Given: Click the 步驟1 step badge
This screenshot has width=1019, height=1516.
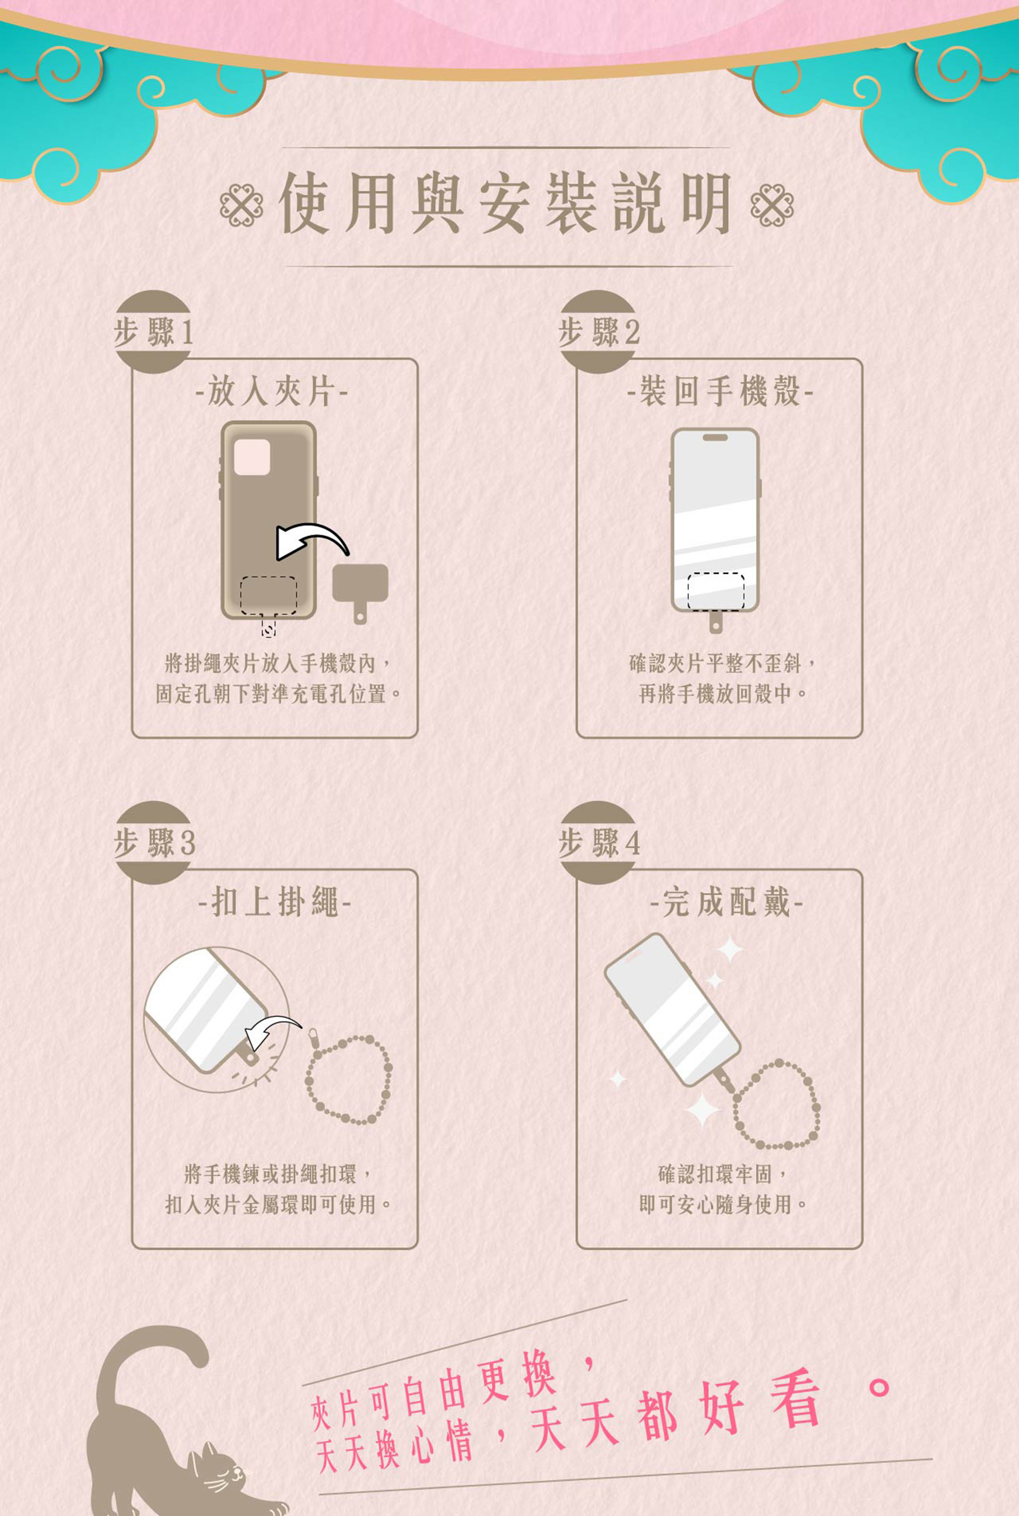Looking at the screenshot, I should point(153,332).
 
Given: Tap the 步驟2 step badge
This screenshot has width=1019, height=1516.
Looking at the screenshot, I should point(599,332).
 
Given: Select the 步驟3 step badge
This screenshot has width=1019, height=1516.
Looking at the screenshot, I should point(153,843).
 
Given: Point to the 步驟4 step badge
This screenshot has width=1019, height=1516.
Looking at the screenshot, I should point(599,843).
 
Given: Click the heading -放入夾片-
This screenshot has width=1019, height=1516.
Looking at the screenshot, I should point(272,392).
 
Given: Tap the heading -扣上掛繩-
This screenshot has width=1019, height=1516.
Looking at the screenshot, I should point(274,902).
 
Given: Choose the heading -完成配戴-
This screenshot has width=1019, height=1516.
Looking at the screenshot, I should point(727,902).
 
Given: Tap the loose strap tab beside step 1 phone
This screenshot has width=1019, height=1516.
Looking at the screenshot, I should point(360,586).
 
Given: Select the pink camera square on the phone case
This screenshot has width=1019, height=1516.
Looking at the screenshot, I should point(252,457).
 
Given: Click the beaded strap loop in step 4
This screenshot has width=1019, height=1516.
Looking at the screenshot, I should point(776,1105).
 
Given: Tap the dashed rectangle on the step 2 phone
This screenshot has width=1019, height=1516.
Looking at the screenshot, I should point(715,591).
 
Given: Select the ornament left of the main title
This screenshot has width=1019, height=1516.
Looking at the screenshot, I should point(242,205).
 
